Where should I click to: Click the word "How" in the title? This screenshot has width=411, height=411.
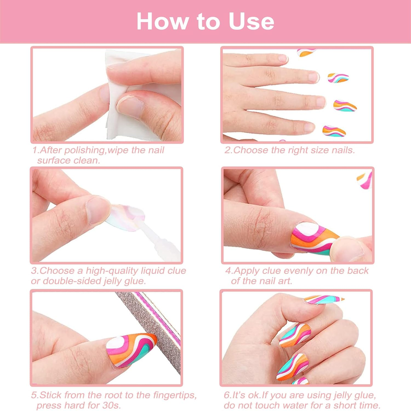(x=162, y=21)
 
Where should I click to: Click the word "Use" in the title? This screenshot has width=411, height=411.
(x=251, y=21)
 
